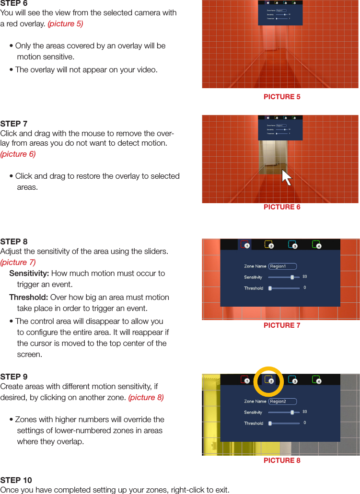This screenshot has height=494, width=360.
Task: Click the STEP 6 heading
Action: pyautogui.click(x=14, y=3)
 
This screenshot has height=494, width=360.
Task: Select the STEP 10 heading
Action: pyautogui.click(x=16, y=480)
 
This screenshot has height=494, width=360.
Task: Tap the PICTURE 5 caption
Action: pyautogui.click(x=282, y=97)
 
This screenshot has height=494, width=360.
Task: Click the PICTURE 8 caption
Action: pyautogui.click(x=282, y=460)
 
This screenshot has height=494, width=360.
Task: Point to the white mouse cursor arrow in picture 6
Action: pyautogui.click(x=287, y=177)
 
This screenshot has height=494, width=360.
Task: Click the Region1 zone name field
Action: pyautogui.click(x=282, y=266)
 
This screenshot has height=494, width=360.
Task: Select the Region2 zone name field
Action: pyautogui.click(x=282, y=402)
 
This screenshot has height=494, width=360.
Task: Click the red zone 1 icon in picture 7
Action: pyautogui.click(x=245, y=245)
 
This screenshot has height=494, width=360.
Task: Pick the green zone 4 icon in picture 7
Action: pyautogui.click(x=316, y=245)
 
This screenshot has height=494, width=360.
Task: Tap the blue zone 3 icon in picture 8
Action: pyautogui.click(x=292, y=380)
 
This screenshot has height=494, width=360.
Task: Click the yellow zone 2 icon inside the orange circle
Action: pyautogui.click(x=269, y=380)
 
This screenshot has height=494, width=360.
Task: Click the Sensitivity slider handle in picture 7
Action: pyautogui.click(x=292, y=277)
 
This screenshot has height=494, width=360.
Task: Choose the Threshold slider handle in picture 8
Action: pyautogui.click(x=270, y=424)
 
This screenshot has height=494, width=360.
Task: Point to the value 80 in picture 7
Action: pyautogui.click(x=305, y=277)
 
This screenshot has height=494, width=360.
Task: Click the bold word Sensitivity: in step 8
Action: pyautogui.click(x=29, y=274)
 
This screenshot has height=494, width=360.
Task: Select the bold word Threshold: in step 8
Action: pyautogui.click(x=29, y=297)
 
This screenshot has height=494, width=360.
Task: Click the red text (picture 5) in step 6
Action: pyautogui.click(x=65, y=23)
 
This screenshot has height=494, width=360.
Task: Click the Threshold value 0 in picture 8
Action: pyautogui.click(x=305, y=423)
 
